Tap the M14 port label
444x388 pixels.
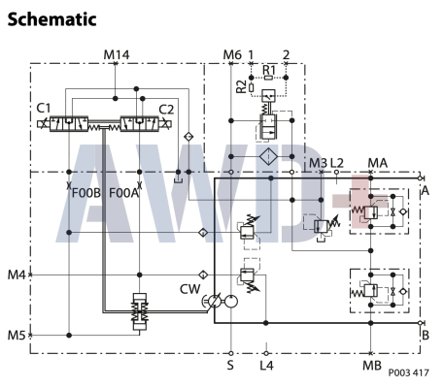[116, 54]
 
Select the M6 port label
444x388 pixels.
[231, 54]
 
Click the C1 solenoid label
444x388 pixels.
[43, 109]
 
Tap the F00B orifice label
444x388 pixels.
[87, 193]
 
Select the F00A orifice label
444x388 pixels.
[123, 193]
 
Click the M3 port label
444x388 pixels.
[318, 162]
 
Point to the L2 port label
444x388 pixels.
[338, 162]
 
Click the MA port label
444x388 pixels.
[378, 162]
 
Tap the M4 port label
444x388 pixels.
[16, 275]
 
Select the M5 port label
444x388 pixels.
[16, 336]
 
